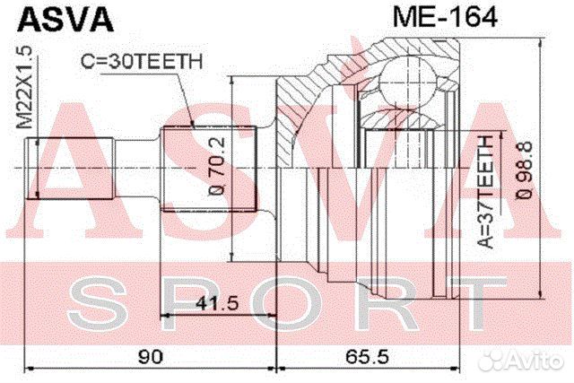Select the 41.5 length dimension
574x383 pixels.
coord(209,303)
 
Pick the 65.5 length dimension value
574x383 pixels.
coord(368,356)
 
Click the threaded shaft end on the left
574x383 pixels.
coord(72,168)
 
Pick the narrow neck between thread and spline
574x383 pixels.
coord(139,168)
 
